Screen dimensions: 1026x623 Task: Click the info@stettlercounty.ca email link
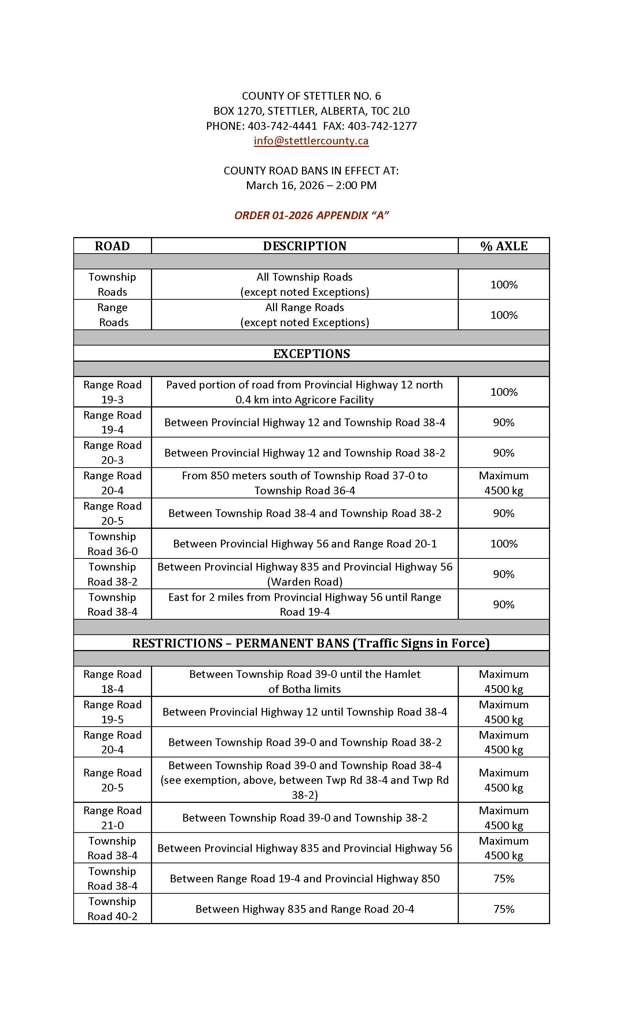click(x=311, y=141)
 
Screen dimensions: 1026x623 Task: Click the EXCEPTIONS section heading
click(x=311, y=354)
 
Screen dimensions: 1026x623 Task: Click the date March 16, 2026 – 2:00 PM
click(x=311, y=185)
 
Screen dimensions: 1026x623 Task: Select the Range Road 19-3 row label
click(x=112, y=392)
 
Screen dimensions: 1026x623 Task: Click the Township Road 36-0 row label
click(x=112, y=543)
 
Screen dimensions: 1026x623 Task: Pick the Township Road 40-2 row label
click(x=112, y=909)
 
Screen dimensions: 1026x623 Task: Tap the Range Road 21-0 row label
click(x=112, y=818)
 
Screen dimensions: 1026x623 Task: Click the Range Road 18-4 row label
click(x=112, y=681)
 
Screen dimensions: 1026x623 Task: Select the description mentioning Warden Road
click(x=305, y=574)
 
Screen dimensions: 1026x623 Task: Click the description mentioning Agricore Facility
click(x=305, y=392)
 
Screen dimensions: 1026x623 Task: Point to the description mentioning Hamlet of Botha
click(x=305, y=681)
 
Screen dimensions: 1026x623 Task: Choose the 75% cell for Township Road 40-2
click(x=504, y=909)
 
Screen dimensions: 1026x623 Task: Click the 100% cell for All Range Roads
click(x=504, y=315)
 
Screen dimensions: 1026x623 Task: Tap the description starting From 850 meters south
click(x=305, y=483)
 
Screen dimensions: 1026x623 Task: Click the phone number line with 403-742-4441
click(x=311, y=126)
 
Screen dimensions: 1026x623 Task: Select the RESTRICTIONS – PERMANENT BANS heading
click(x=311, y=643)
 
